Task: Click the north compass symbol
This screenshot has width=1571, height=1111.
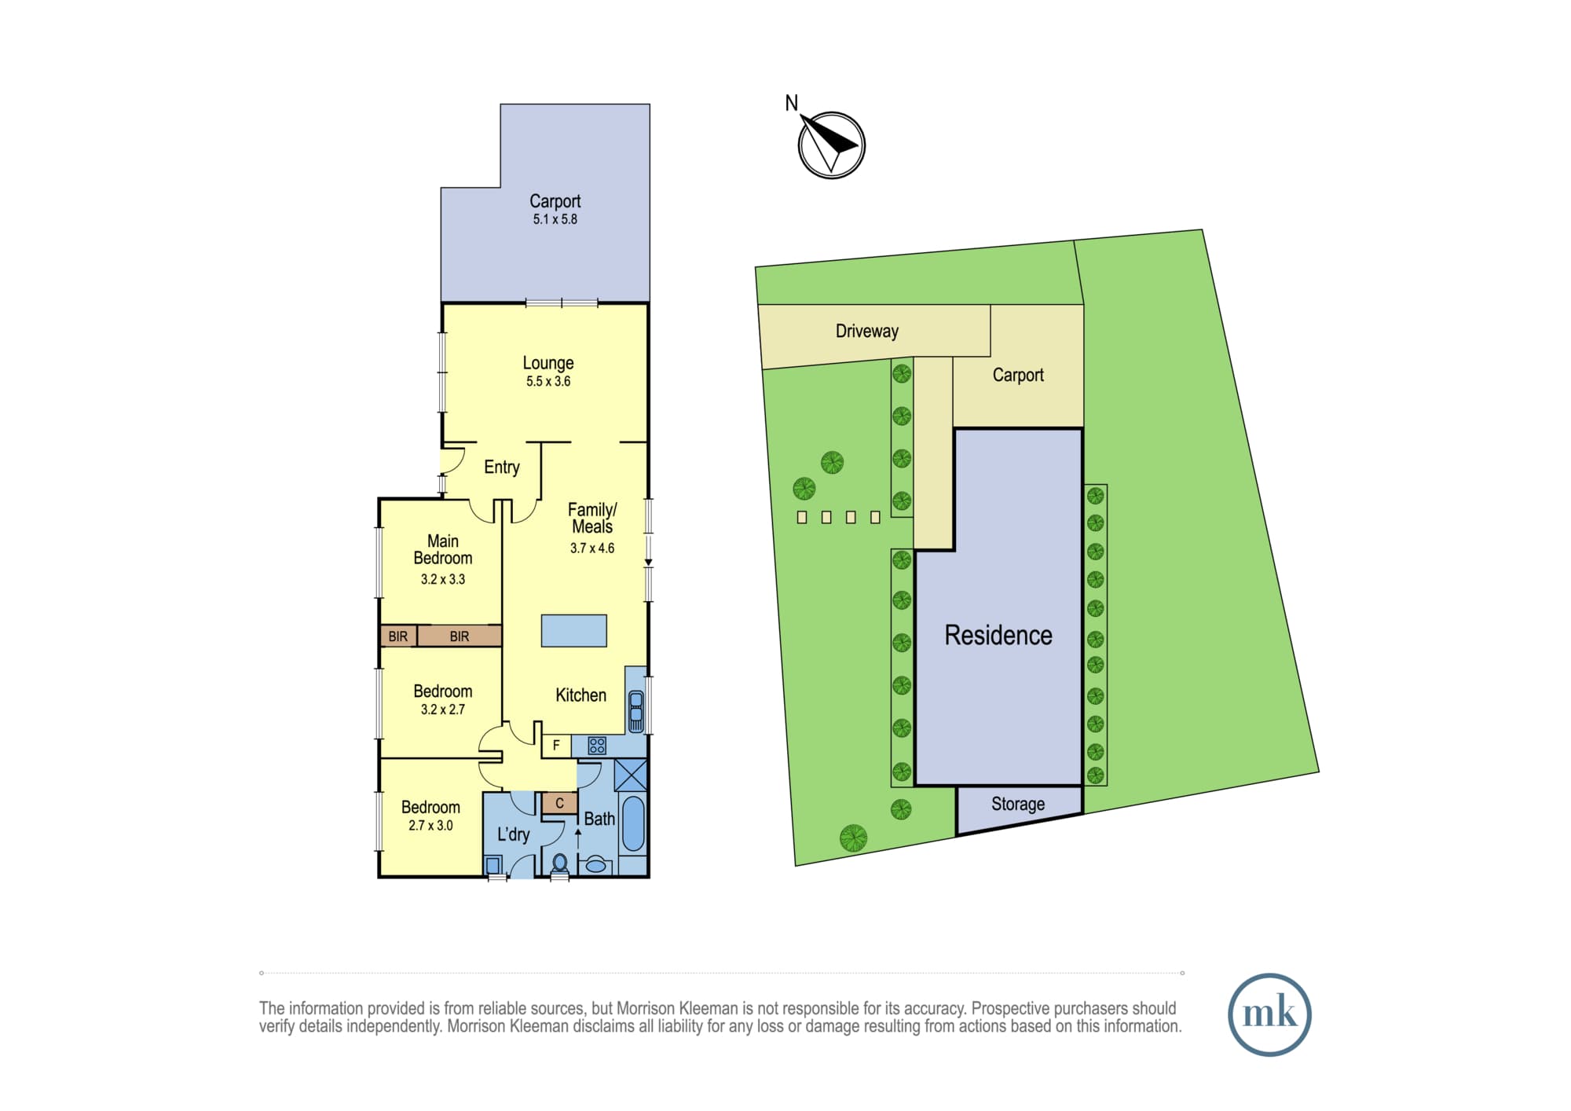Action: [831, 145]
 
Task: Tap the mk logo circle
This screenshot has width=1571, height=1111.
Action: [1269, 1014]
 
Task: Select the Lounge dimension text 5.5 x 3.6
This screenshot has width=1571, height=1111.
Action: [548, 382]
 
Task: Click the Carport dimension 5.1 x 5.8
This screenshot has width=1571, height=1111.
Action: [555, 220]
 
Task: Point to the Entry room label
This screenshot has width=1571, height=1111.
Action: [502, 467]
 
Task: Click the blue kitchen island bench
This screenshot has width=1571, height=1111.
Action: [573, 631]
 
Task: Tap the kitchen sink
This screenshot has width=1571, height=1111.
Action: [636, 712]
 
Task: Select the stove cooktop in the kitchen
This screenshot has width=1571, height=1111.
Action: [597, 746]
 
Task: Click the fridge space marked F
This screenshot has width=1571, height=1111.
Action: [556, 746]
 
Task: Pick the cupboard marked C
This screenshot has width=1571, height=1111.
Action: [559, 803]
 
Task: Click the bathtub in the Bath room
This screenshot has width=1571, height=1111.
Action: [632, 824]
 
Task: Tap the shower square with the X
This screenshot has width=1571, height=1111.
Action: [631, 775]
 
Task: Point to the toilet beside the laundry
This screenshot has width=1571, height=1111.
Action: [560, 864]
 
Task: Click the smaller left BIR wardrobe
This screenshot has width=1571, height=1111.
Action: [398, 636]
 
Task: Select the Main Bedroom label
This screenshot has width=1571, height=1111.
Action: [443, 550]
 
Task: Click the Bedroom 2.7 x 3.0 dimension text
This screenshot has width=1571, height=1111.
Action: [430, 826]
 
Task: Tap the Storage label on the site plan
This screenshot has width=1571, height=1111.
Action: [1018, 804]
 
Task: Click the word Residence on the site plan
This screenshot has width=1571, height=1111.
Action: [998, 635]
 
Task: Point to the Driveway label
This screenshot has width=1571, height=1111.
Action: [867, 332]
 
